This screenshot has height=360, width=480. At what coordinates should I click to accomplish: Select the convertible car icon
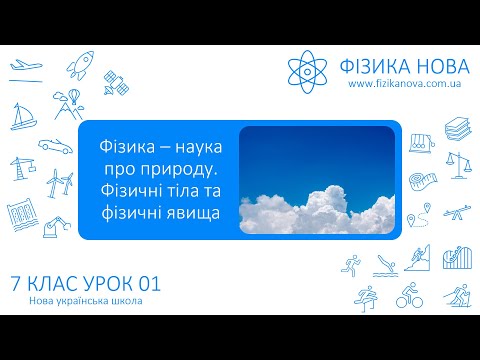pos(55,145)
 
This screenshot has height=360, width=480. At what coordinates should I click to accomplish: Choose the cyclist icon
pos(409,296)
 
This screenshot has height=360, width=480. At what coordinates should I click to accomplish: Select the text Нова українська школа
pos(80,302)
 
